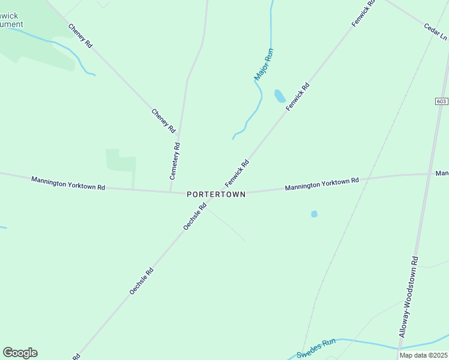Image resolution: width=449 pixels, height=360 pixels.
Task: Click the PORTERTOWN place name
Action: pos(216,194)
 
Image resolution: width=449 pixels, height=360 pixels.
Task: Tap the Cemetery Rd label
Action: pos(175,161)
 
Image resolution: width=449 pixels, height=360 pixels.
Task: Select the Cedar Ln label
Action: pos(435,31)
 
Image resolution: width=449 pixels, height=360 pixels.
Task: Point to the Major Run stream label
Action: pos(264,65)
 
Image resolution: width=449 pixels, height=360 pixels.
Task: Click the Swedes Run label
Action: pos(316,347)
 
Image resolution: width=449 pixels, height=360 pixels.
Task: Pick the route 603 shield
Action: pos(442,101)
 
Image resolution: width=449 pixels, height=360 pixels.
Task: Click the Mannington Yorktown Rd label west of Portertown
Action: pos(68,183)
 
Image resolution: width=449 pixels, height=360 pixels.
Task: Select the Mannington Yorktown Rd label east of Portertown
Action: pos(322,184)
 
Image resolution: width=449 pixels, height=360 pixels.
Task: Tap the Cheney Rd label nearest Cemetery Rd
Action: pos(163,121)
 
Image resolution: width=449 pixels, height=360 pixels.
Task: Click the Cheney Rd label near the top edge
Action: pos(80,36)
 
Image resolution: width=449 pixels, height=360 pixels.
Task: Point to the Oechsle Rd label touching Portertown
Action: pos(194,216)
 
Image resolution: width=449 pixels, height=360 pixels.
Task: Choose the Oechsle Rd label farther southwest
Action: pos(142,281)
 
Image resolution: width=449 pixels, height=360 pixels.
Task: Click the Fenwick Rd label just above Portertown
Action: pos(237,173)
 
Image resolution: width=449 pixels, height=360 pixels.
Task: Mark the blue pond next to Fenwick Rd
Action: pos(280,96)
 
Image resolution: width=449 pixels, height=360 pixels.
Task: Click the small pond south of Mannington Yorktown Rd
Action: pos(314,214)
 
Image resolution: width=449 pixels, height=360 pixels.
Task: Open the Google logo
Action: pos(20,353)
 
